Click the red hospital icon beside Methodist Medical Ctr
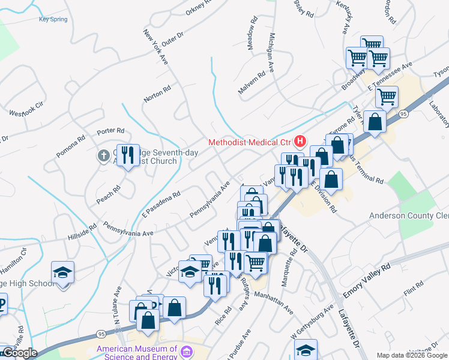(300, 142)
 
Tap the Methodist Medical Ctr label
(249, 142)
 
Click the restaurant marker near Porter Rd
(127, 156)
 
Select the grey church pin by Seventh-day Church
(103, 155)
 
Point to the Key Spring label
(53, 19)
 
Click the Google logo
(19, 353)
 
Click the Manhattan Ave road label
(273, 302)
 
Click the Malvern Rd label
(252, 83)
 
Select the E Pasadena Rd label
(161, 204)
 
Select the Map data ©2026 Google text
(411, 355)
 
